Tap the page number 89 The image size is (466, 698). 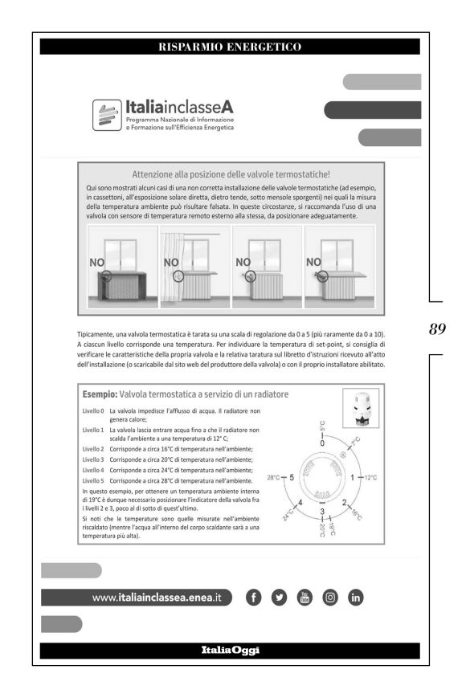coord(438,329)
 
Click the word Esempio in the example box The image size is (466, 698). coord(100,394)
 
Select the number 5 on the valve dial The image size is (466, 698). coord(292,477)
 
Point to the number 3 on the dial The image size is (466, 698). coord(323,512)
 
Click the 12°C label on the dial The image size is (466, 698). coord(370,477)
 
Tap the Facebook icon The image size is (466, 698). coord(253,597)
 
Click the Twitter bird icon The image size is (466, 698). coord(279,597)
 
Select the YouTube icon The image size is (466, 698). coord(305,597)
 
